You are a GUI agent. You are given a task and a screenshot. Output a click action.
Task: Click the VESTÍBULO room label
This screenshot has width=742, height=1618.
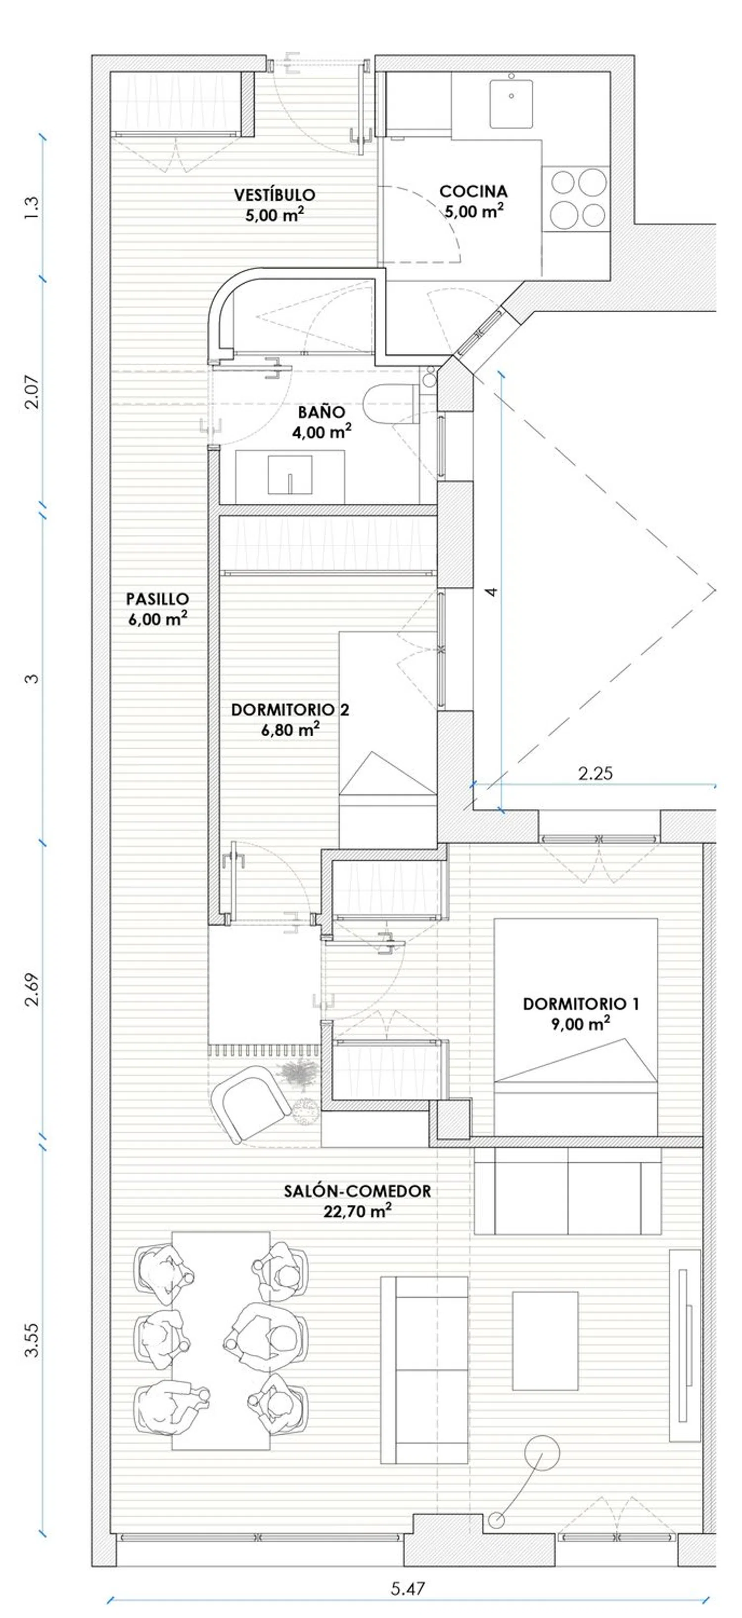pos(275,195)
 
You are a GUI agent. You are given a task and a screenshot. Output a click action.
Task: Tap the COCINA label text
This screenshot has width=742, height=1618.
pos(473,191)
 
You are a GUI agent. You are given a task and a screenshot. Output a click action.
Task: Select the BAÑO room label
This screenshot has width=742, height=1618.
pos(322,412)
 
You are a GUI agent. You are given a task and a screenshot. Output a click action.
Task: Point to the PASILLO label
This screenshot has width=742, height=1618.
pos(158,599)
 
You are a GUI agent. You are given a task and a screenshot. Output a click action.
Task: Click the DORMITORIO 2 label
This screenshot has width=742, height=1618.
pos(290,710)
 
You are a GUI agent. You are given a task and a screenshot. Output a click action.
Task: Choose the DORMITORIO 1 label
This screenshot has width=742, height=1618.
pos(581,1004)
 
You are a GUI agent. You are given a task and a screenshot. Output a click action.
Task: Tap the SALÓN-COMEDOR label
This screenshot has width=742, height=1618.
pos(357,1191)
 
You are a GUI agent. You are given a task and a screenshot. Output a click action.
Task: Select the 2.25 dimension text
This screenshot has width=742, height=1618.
pos(595,773)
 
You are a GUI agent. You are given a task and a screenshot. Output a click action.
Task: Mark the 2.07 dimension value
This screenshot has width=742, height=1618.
pos(31,392)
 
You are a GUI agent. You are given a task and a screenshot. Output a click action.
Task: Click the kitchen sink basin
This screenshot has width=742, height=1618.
pos(511,103)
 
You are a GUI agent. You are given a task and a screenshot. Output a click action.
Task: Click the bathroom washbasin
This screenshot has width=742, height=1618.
pos(289,476)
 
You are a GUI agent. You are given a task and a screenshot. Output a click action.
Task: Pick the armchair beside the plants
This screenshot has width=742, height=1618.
pos(250,1103)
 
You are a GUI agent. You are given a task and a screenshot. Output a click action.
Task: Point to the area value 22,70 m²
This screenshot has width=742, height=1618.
pos(357,1211)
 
